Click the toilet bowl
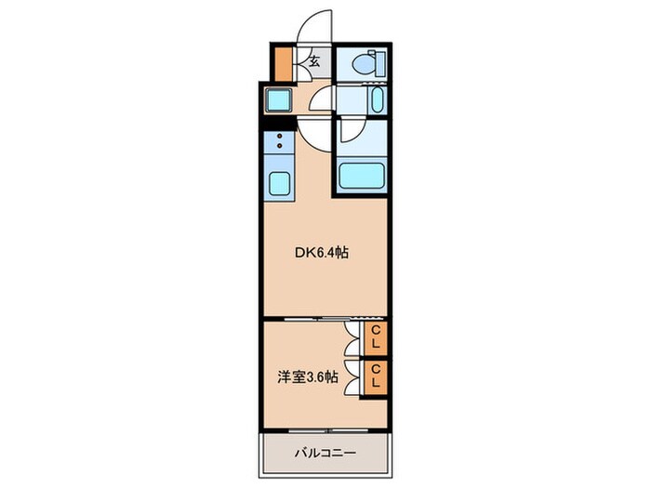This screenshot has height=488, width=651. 363,64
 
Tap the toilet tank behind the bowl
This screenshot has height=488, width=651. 379,63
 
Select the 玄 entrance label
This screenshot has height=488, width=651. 314,61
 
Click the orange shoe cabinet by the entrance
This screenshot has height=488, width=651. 284,64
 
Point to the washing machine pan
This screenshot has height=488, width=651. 278,100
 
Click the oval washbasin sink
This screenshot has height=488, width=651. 377,100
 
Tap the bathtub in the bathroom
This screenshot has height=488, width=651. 361,176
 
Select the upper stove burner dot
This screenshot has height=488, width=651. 279,136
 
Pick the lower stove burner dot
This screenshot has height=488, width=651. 279,145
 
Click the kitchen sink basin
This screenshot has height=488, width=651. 279,183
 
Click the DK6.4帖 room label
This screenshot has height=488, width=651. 322,252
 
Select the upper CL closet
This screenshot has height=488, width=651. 376,337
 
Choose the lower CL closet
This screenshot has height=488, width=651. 376,376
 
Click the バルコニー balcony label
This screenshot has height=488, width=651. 325,453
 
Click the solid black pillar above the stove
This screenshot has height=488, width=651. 278,123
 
